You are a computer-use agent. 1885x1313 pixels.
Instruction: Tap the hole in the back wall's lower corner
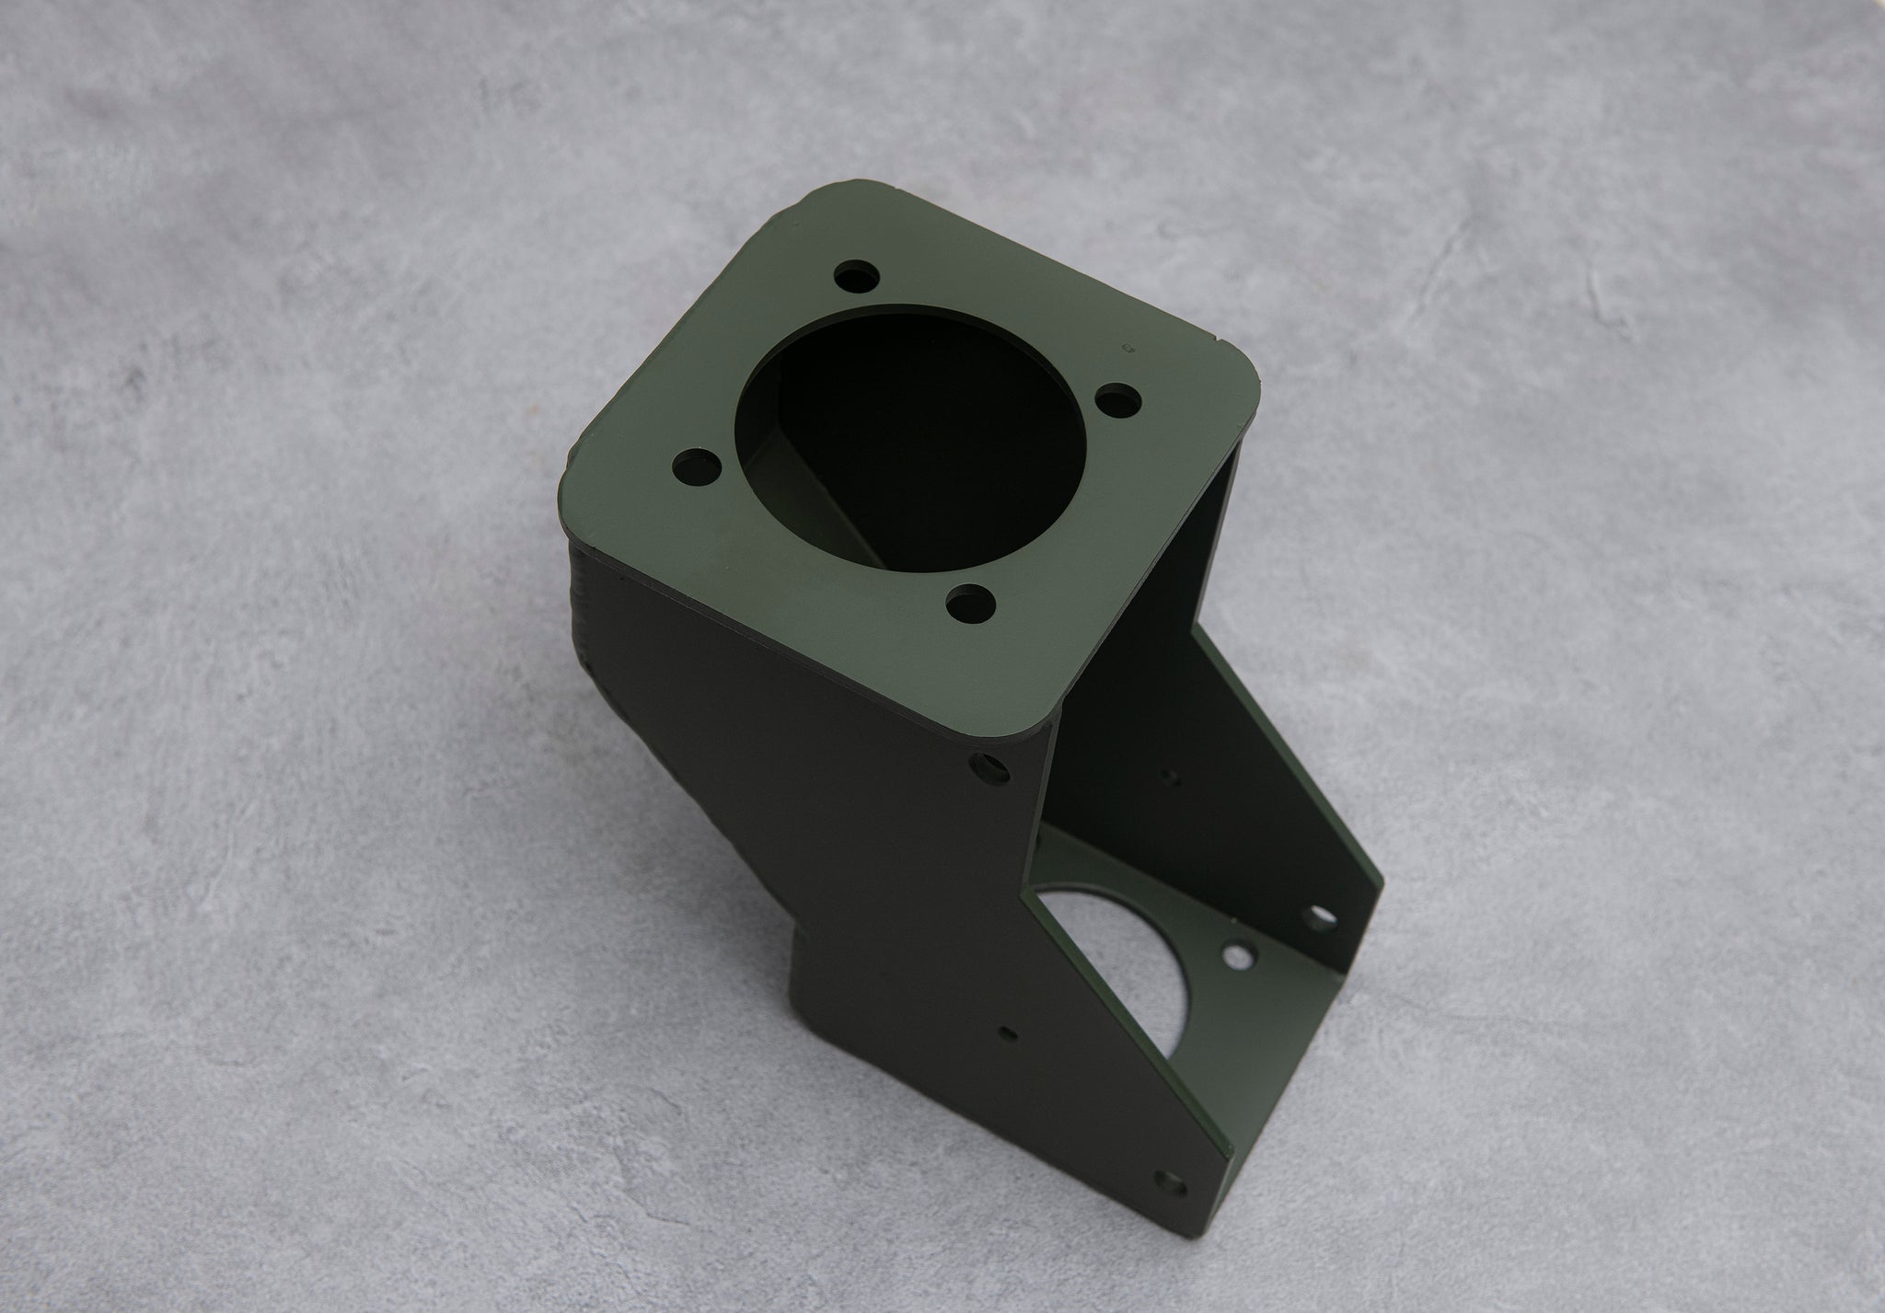(x=1323, y=916)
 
